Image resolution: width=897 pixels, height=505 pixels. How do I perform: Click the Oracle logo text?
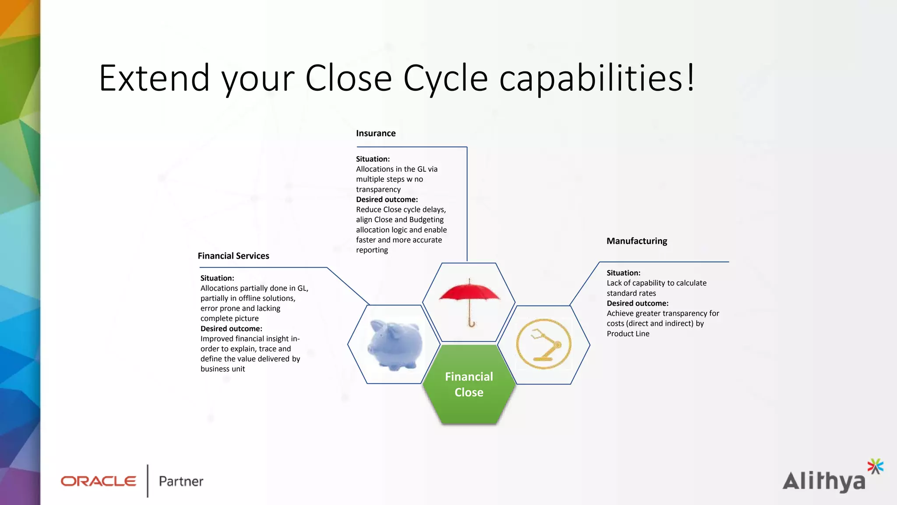tap(99, 481)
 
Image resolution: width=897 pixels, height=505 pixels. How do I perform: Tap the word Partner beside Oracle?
tap(181, 481)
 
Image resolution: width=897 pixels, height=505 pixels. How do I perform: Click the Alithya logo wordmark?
tap(823, 482)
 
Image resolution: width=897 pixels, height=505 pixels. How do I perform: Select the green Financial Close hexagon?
tap(469, 384)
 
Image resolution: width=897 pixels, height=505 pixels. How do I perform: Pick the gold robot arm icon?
tap(544, 344)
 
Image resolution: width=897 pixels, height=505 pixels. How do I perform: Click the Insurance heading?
tap(376, 133)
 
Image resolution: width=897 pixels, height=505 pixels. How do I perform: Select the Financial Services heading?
tap(233, 256)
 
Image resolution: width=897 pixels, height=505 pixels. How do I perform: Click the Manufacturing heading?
tap(637, 241)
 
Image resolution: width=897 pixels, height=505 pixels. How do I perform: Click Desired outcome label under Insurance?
tap(387, 199)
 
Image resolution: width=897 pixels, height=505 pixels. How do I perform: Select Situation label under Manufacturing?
tap(623, 273)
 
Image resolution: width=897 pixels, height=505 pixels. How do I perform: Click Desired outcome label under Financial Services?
tap(231, 329)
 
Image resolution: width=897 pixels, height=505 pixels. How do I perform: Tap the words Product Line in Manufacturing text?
tap(628, 334)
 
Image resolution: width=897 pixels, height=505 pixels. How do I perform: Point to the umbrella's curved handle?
tap(471, 324)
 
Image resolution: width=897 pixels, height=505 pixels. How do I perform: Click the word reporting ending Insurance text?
tap(372, 250)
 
